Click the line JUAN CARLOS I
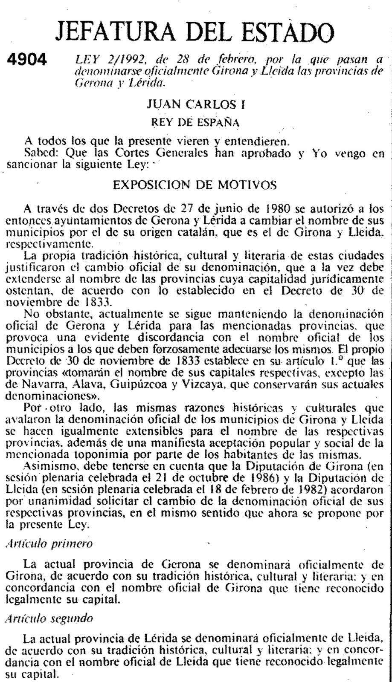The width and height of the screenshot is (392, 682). [196, 104]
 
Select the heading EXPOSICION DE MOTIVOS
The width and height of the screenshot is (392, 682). [195, 185]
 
